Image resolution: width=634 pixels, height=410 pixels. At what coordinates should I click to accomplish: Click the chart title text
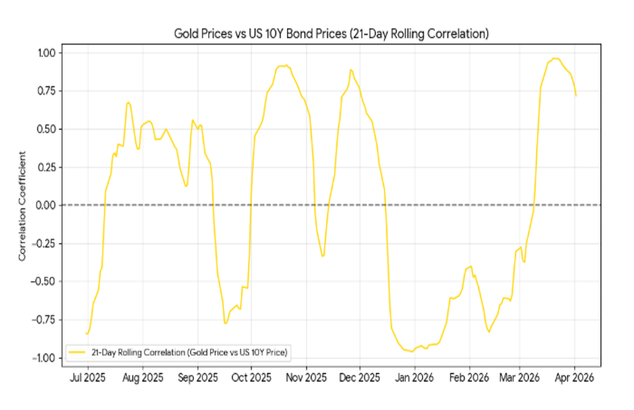331,34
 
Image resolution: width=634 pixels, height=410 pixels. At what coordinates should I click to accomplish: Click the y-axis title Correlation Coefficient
22,206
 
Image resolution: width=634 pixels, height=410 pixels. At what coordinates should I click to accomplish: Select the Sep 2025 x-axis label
197,379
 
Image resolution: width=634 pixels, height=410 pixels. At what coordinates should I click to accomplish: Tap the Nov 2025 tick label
306,379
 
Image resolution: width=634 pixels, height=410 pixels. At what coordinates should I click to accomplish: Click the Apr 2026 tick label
574,379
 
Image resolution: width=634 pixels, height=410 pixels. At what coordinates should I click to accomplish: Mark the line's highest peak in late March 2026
556,58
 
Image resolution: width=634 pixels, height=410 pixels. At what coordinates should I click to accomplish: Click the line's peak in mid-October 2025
284,66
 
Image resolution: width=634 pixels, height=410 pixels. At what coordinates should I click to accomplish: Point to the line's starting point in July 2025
86,333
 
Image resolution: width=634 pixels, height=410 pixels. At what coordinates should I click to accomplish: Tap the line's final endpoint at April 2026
576,95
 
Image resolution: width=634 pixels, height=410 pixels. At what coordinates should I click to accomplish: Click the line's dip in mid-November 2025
323,256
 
